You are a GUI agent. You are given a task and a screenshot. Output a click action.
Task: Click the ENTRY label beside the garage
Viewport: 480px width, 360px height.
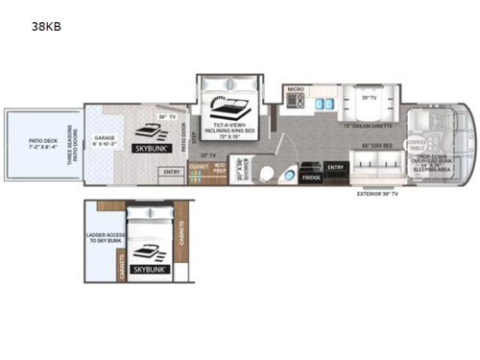tap(172, 173)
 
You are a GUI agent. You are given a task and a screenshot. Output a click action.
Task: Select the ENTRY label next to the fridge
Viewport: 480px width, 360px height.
tap(335, 167)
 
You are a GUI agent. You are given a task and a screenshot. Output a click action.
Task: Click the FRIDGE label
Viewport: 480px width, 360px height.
tap(310, 178)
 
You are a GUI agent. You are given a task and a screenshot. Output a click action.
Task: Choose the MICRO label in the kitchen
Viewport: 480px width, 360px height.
tap(297, 89)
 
